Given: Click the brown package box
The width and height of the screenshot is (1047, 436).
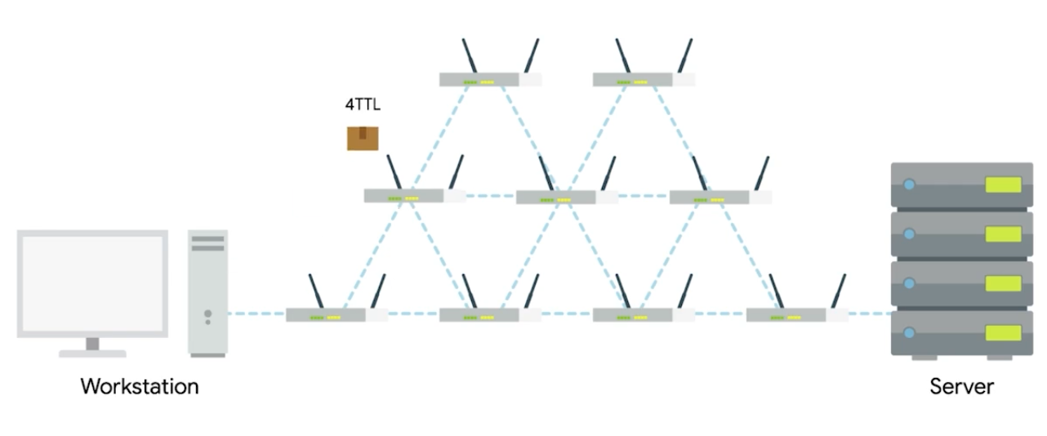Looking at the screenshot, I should point(363,138).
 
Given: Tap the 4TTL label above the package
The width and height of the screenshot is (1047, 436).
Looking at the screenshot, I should point(363,105).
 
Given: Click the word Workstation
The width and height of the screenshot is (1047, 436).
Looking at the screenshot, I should point(140,386).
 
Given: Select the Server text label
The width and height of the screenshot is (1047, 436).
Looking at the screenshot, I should point(961,386).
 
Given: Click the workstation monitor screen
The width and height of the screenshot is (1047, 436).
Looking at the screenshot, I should point(92,283).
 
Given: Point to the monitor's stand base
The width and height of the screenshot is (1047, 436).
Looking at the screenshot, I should point(92,354).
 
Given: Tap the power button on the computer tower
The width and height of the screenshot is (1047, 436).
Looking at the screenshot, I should point(207,313).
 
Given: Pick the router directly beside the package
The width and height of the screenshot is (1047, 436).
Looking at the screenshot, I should point(406,196).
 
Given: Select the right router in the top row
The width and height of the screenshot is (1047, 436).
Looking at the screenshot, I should point(634,80).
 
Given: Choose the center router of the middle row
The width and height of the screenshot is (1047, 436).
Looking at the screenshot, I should point(557,197).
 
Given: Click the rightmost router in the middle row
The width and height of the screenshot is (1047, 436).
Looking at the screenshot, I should point(711,197).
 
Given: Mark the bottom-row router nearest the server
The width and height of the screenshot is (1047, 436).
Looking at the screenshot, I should point(787,314).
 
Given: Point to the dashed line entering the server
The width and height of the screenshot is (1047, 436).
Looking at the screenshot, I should point(869,313).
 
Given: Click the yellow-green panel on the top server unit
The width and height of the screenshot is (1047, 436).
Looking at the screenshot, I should point(1003,184).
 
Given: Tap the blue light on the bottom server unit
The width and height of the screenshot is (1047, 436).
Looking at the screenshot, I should point(909,331).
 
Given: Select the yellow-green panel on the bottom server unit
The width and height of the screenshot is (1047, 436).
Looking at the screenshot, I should point(1003,332).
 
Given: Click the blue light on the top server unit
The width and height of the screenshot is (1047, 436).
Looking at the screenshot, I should point(909,184).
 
